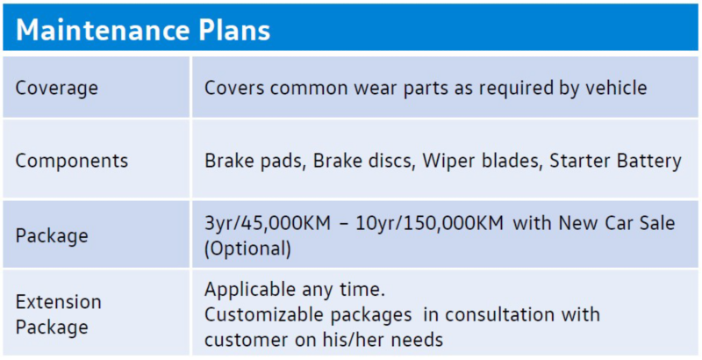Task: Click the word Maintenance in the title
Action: pyautogui.click(x=102, y=30)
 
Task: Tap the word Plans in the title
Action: pyautogui.click(x=234, y=30)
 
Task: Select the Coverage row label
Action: pyautogui.click(x=57, y=88)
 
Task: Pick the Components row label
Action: pyautogui.click(x=72, y=162)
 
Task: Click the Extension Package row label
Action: pyautogui.click(x=59, y=314)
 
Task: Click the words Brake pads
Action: pyautogui.click(x=254, y=161)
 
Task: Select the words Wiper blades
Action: pyautogui.click(x=482, y=161)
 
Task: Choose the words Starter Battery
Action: pyautogui.click(x=616, y=162)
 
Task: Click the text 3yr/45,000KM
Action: pyautogui.click(x=268, y=223)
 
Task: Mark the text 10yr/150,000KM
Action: pyautogui.click(x=430, y=223)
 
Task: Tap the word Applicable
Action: pyautogui.click(x=249, y=290)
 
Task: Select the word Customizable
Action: pyautogui.click(x=264, y=314)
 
